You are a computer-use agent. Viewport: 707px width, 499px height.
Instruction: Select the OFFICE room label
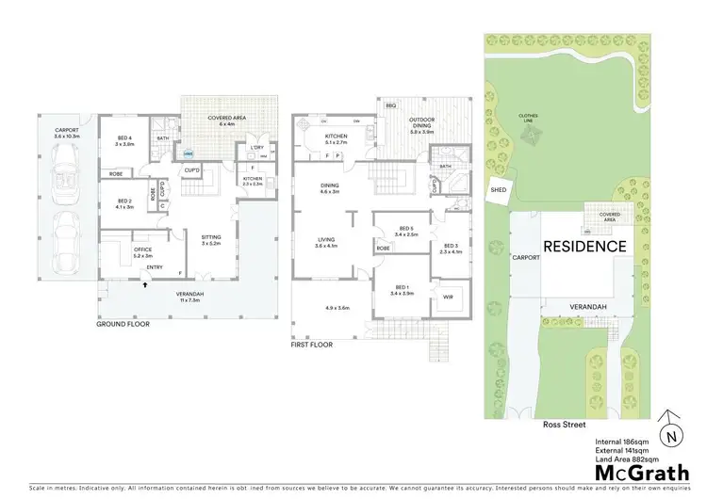click(x=142, y=251)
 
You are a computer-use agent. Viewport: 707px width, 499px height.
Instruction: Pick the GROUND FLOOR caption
click(x=123, y=323)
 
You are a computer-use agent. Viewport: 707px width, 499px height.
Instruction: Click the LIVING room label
click(x=329, y=244)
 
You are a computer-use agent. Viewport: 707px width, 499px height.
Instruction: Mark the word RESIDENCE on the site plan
click(x=584, y=247)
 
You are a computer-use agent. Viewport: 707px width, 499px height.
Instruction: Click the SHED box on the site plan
click(x=499, y=190)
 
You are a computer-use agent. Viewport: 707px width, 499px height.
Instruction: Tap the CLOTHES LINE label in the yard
click(x=529, y=118)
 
